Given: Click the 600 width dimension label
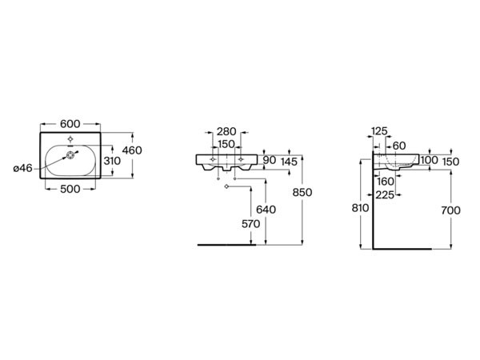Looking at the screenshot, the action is (x=70, y=124).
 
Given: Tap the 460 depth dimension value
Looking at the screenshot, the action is (x=132, y=150).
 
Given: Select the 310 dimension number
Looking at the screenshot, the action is (x=112, y=161).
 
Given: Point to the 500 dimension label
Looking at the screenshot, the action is (x=70, y=189).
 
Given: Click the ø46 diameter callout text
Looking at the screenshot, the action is (x=22, y=168).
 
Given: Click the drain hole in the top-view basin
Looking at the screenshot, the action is (x=70, y=155).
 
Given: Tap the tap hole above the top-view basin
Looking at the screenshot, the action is (x=70, y=139).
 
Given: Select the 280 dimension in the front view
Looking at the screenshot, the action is (x=226, y=132).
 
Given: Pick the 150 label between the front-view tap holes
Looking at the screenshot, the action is (x=226, y=144).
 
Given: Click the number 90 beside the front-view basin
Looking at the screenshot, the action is (x=270, y=160).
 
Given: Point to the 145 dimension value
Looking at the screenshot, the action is (x=289, y=162).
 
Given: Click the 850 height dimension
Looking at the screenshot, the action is (x=302, y=192).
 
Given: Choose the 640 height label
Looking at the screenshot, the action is (x=266, y=210).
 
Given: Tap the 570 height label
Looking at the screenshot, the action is (x=250, y=224).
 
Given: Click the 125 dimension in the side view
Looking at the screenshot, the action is (x=379, y=131).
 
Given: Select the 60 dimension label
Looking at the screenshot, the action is (x=399, y=146).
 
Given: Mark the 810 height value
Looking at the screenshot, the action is (x=360, y=208).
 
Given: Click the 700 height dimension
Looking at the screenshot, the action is (x=451, y=210).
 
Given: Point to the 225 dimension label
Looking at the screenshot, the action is (x=385, y=194).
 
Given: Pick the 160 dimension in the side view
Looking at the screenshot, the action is (x=386, y=182).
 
